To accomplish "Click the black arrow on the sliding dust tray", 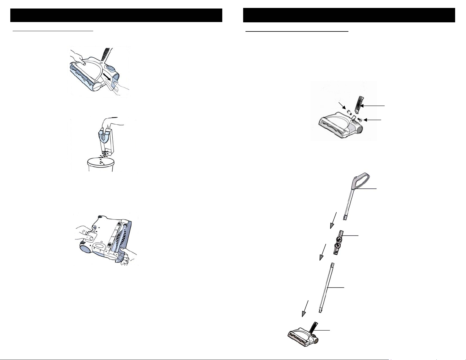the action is pyautogui.click(x=107, y=78).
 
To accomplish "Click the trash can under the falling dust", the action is pyautogui.click(x=100, y=164).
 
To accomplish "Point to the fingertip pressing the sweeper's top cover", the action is pyautogui.click(x=84, y=62).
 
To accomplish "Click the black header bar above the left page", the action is pyautogui.click(x=116, y=15).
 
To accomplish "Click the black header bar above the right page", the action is pyautogui.click(x=349, y=15).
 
